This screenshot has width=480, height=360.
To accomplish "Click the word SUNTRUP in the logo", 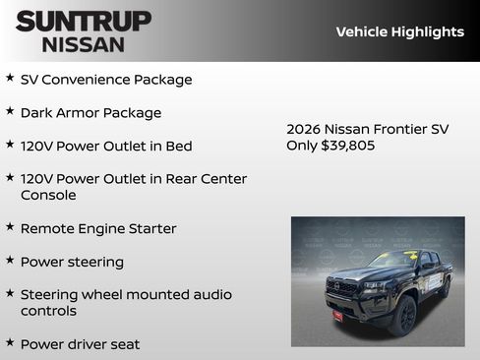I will pyautogui.click(x=83, y=21).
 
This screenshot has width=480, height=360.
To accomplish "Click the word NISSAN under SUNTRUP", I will pyautogui.click(x=83, y=44).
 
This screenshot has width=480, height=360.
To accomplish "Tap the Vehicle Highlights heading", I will pyautogui.click(x=399, y=31).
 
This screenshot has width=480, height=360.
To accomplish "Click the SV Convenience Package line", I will pyautogui.click(x=105, y=80).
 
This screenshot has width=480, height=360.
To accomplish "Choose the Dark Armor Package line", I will pyautogui.click(x=90, y=113).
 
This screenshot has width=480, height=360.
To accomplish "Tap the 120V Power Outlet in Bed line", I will pyautogui.click(x=105, y=146).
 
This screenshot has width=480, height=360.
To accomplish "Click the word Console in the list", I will pyautogui.click(x=48, y=195).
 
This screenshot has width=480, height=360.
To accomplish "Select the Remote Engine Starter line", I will pyautogui.click(x=98, y=228).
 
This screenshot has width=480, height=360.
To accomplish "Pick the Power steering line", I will pyautogui.click(x=72, y=262).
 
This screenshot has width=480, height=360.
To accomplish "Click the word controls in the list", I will pyautogui.click(x=48, y=311).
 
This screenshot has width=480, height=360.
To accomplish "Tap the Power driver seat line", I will pyautogui.click(x=80, y=344).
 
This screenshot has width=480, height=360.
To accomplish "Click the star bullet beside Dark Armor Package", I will pyautogui.click(x=10, y=111).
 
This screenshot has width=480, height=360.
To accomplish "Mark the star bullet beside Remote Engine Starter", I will pyautogui.click(x=10, y=226).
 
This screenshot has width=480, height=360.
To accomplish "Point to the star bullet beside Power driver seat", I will pyautogui.click(x=10, y=342).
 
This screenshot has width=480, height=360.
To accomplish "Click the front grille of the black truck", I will pyautogui.click(x=342, y=288).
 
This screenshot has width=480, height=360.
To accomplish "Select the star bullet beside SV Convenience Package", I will pyautogui.click(x=10, y=78).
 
